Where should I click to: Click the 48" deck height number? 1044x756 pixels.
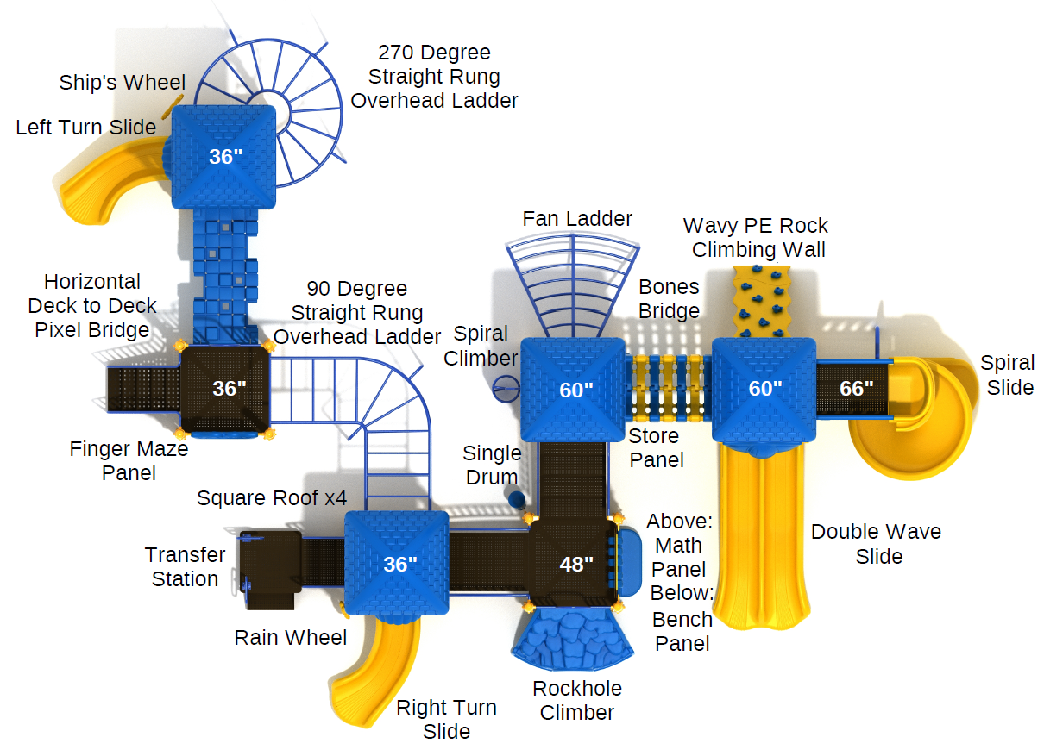(x=576, y=565)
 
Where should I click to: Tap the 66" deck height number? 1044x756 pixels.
(x=856, y=389)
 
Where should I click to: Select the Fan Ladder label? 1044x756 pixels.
(x=577, y=219)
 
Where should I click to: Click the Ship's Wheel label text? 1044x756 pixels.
(x=123, y=83)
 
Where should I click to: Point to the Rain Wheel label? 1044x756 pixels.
(x=291, y=638)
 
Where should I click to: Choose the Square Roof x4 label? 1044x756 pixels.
(x=272, y=498)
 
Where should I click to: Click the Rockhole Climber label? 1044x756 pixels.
(x=577, y=701)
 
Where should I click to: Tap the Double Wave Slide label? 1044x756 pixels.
(x=877, y=544)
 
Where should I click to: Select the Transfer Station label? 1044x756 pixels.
(x=185, y=567)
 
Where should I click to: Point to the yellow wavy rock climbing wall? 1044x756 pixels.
(x=762, y=301)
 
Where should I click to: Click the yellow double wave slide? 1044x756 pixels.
(x=761, y=535)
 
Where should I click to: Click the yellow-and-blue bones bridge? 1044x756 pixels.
(x=669, y=389)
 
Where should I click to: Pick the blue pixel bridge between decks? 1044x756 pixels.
(x=225, y=277)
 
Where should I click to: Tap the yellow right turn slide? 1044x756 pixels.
(x=373, y=671)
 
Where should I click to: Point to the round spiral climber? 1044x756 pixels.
(x=506, y=389)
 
